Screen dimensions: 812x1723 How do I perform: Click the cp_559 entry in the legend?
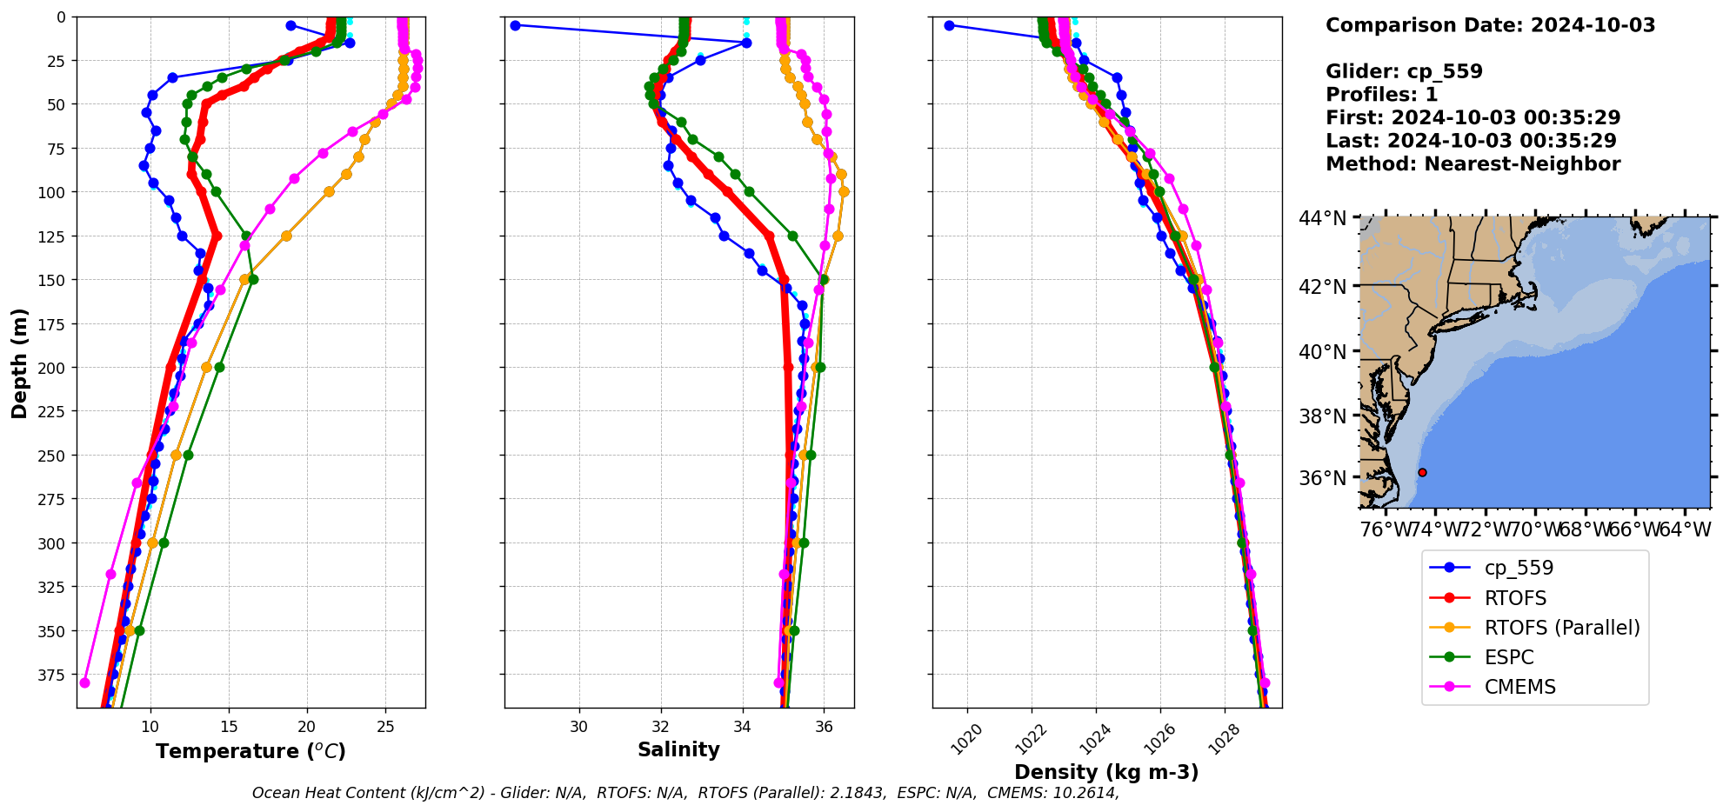click(x=1518, y=569)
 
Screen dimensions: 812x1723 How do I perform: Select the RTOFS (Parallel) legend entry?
click(x=1561, y=628)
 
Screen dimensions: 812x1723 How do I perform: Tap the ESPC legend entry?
click(x=1508, y=657)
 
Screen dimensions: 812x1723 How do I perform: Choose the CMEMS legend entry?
click(x=1519, y=687)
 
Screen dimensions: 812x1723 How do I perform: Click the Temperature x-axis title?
click(x=250, y=751)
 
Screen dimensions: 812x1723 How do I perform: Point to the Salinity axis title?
click(x=678, y=749)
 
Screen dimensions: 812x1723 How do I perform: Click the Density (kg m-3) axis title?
click(x=1106, y=772)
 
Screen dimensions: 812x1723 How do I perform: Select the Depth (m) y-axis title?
click(x=20, y=363)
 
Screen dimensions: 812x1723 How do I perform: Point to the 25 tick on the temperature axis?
click(x=386, y=727)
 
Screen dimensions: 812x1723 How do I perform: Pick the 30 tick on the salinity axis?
click(x=578, y=727)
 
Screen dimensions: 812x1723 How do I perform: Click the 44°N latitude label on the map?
click(x=1322, y=218)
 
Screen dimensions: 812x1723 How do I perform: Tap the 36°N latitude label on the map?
click(x=1322, y=478)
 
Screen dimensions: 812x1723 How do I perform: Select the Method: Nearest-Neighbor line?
click(x=1473, y=164)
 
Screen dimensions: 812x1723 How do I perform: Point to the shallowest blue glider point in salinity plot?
click(x=515, y=25)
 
